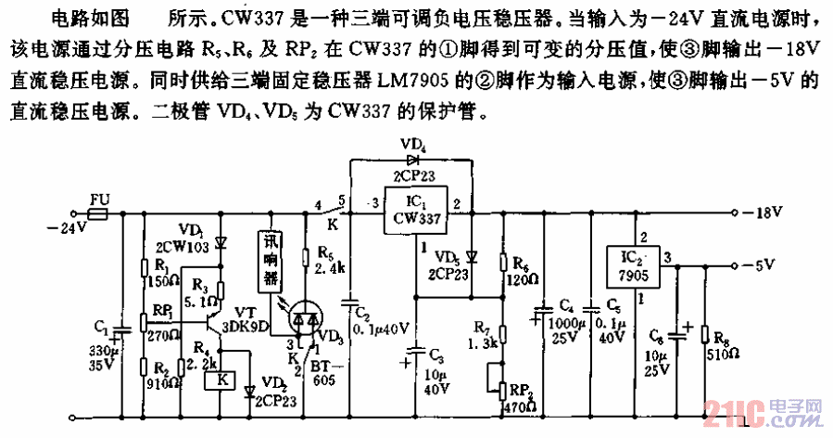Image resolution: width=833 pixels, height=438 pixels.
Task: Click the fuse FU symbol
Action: coord(97,213)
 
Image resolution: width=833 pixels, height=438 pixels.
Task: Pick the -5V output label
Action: coord(766,265)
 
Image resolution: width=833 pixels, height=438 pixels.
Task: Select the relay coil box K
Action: coord(222,381)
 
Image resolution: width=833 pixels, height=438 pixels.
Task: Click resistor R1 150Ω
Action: coord(144,272)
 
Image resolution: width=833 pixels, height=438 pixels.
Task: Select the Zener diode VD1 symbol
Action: coord(221,242)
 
